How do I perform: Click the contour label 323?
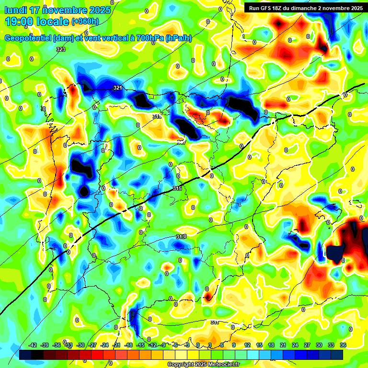(x=60, y=49)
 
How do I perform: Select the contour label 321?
(x=118, y=88)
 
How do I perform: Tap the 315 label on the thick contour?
(x=177, y=189)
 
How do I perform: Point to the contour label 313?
(x=181, y=237)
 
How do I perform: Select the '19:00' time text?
(x=20, y=22)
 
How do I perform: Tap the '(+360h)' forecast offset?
(x=85, y=22)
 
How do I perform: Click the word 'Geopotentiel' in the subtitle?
(x=29, y=38)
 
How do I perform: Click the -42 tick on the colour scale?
(x=33, y=345)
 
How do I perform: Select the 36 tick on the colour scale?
(x=344, y=345)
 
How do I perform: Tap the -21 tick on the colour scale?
(x=116, y=345)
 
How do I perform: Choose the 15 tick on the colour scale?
(x=259, y=345)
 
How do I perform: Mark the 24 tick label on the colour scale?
(x=295, y=345)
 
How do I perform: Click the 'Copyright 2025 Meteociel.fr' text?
(x=203, y=364)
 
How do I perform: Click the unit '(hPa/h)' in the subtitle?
(x=178, y=38)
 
